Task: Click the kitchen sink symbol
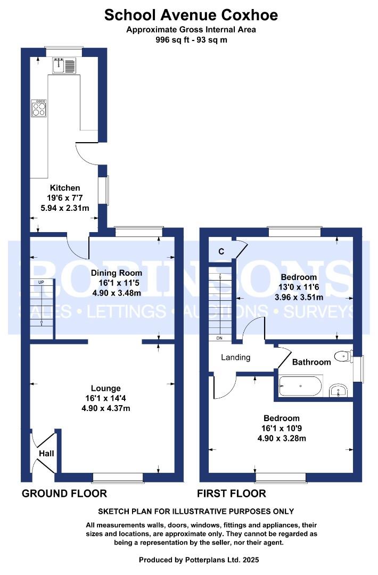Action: pyautogui.click(x=64, y=65)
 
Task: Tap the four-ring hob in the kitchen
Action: pyautogui.click(x=39, y=108)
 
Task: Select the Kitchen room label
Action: pyautogui.click(x=65, y=188)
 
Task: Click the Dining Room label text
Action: pyautogui.click(x=116, y=273)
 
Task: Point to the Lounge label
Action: pyautogui.click(x=105, y=388)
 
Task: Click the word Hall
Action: pyautogui.click(x=46, y=454)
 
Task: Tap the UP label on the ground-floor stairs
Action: pyautogui.click(x=41, y=282)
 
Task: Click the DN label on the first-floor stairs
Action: pyautogui.click(x=219, y=338)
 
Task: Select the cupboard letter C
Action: pyautogui.click(x=221, y=251)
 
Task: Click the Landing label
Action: pyautogui.click(x=236, y=358)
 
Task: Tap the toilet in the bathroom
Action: pyautogui.click(x=344, y=356)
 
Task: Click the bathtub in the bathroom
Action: pyautogui.click(x=301, y=386)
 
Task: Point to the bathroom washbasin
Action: pyautogui.click(x=339, y=391)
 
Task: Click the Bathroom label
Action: pyautogui.click(x=311, y=363)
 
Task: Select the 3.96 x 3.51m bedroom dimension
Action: pyautogui.click(x=299, y=298)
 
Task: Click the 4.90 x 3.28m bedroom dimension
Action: pyautogui.click(x=282, y=438)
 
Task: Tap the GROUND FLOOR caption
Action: pyautogui.click(x=64, y=494)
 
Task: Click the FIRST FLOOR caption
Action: pyautogui.click(x=232, y=494)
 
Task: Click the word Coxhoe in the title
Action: pyautogui.click(x=249, y=15)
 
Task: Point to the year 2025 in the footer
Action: pyautogui.click(x=251, y=560)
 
